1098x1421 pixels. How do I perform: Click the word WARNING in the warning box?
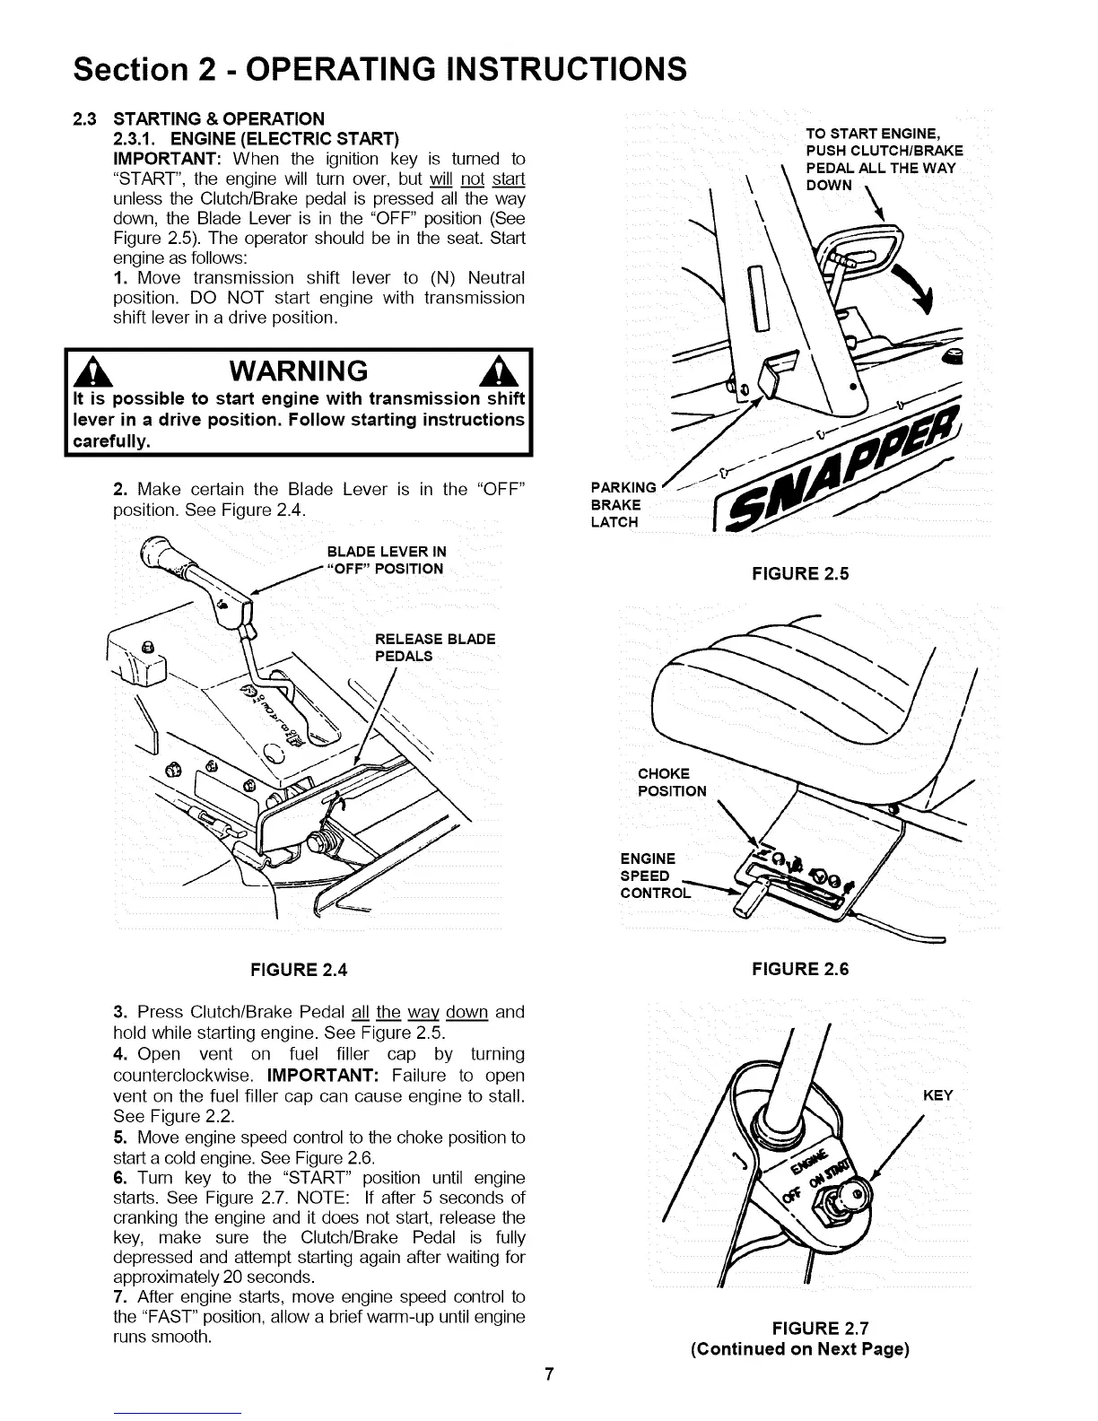(x=298, y=371)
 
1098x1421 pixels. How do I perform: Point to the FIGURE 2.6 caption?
(x=799, y=969)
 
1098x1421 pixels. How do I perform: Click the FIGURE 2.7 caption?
(x=799, y=1329)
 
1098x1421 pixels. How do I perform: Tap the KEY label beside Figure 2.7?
(x=937, y=1095)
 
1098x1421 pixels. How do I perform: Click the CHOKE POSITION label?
(x=671, y=782)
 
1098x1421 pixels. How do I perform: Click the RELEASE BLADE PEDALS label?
(x=434, y=647)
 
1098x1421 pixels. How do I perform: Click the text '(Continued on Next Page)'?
(x=799, y=1349)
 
